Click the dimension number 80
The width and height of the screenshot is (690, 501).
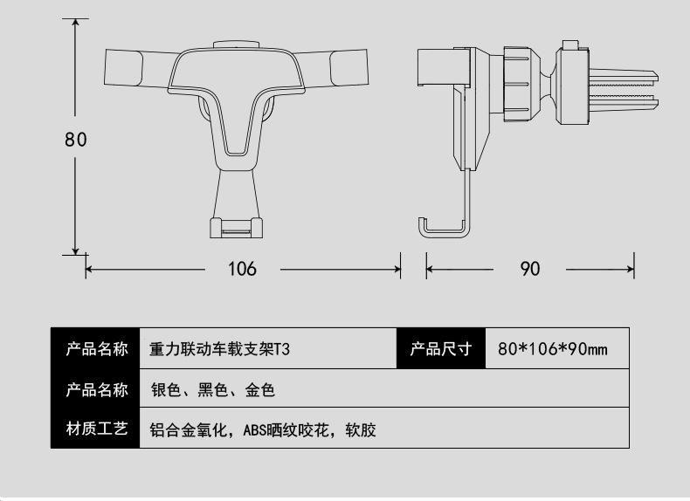point(76,139)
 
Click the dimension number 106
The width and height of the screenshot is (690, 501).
point(242,269)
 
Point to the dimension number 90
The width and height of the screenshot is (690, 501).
point(530,269)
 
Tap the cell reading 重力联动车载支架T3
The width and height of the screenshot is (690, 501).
point(219,350)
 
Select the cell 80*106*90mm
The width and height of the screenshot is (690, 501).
point(552,350)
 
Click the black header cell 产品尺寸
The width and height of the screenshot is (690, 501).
point(440,350)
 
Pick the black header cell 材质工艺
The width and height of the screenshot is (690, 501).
point(96,429)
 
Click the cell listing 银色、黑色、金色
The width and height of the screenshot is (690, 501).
point(213,389)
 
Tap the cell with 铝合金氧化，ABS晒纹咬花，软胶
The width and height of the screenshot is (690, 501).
point(263,429)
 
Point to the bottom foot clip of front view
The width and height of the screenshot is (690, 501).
point(236,228)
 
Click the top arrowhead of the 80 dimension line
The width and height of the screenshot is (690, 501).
point(76,22)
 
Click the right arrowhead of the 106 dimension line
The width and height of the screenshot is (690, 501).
point(397,269)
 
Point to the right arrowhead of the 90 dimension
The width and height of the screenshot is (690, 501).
point(631,269)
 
